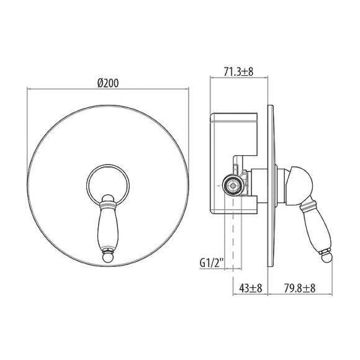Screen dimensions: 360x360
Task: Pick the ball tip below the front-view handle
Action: point(108,256)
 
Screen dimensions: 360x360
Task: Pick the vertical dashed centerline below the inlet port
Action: point(233,236)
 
